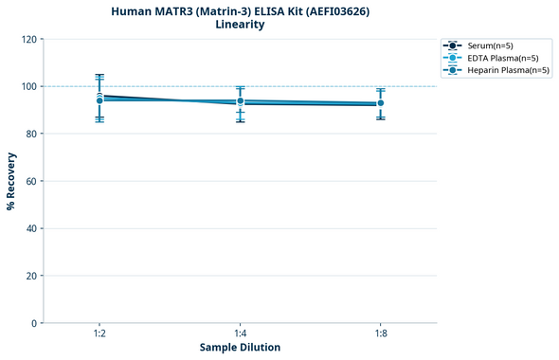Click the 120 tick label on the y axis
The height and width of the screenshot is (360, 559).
point(28,39)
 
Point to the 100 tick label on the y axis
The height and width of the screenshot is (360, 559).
point(28,86)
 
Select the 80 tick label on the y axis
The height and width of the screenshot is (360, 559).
point(31,134)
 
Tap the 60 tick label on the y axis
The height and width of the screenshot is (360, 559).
point(31,181)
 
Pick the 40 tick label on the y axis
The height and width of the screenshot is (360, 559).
point(31,228)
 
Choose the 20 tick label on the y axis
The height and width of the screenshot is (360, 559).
point(31,276)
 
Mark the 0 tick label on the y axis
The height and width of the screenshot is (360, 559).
point(34,323)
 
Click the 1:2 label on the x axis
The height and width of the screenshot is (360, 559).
point(99,334)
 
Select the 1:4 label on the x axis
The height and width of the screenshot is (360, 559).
point(240,334)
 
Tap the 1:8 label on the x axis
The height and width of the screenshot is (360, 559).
point(380,334)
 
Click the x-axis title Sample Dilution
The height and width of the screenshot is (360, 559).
point(240,348)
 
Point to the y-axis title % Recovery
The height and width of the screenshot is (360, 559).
point(11,181)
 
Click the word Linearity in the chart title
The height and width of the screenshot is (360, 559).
point(240,25)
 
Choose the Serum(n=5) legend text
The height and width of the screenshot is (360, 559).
point(490,45)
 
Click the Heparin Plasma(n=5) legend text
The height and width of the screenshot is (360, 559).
point(508,70)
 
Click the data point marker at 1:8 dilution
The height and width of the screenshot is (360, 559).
point(380,103)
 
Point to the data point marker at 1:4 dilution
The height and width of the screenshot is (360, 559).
point(240,101)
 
